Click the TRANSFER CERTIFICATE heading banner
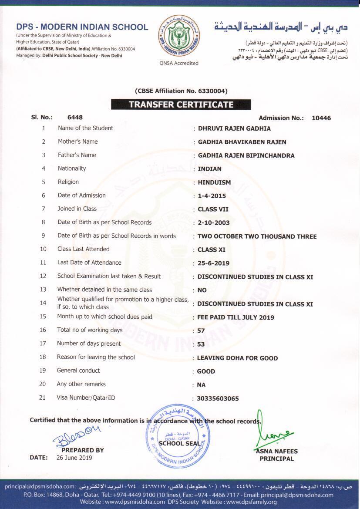tap(181, 104)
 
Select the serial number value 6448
tap(75, 117)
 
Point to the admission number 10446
tap(321, 118)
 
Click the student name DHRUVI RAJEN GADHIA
tap(234, 128)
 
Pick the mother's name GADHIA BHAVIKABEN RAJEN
tap(242, 142)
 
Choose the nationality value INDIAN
tap(209, 169)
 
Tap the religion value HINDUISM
tap(214, 182)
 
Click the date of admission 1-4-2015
tap(212, 196)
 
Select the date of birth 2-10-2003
tap(213, 223)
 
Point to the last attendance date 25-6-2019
tap(213, 263)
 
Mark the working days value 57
tap(201, 331)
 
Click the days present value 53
tap(201, 344)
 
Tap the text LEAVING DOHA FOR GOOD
tap(237, 358)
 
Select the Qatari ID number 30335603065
tap(218, 398)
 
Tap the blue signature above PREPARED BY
tap(76, 436)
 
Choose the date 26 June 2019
tap(74, 458)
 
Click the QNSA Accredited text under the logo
tap(179, 63)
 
